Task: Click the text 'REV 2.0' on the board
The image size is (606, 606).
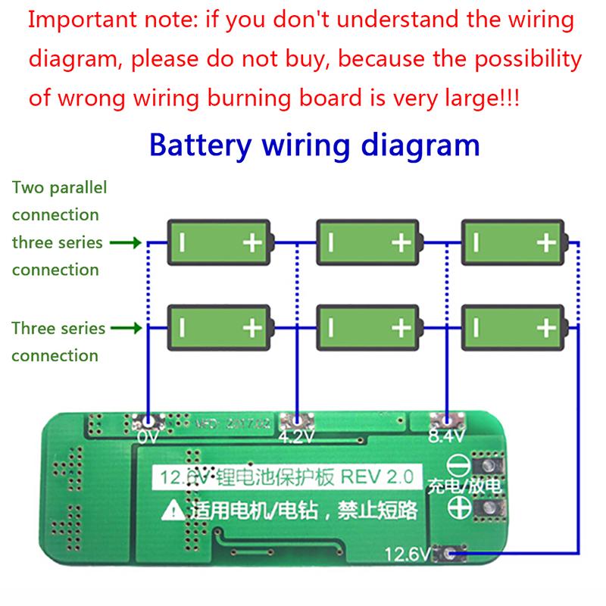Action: point(376,477)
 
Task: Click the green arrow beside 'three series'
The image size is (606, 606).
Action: point(124,243)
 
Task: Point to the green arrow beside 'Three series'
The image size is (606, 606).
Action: point(124,329)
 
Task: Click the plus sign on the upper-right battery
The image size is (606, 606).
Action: point(545,242)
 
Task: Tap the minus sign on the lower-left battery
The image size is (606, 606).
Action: point(183,328)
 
